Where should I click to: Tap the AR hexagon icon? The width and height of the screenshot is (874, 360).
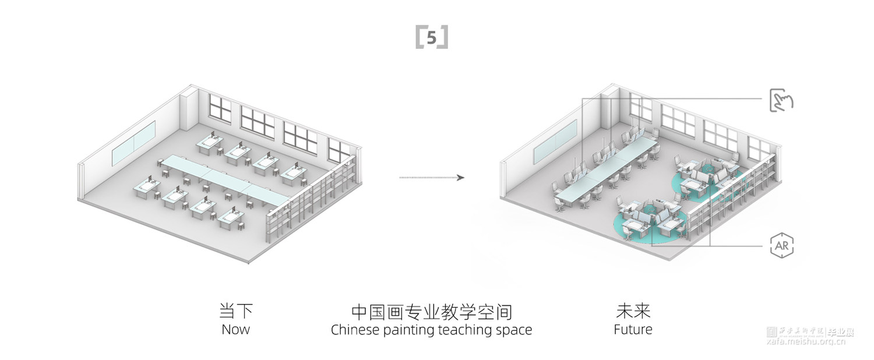click(x=781, y=245)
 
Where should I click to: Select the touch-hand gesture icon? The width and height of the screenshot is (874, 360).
click(x=781, y=100)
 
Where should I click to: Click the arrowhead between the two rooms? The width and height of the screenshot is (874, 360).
click(x=461, y=177)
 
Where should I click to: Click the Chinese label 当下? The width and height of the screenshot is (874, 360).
click(x=236, y=310)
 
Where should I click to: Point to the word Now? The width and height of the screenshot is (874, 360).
click(x=236, y=329)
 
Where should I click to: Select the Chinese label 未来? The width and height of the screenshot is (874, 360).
click(x=633, y=310)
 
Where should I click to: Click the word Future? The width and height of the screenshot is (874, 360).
click(x=633, y=329)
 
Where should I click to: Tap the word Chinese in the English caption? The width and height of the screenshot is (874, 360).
click(x=355, y=330)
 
